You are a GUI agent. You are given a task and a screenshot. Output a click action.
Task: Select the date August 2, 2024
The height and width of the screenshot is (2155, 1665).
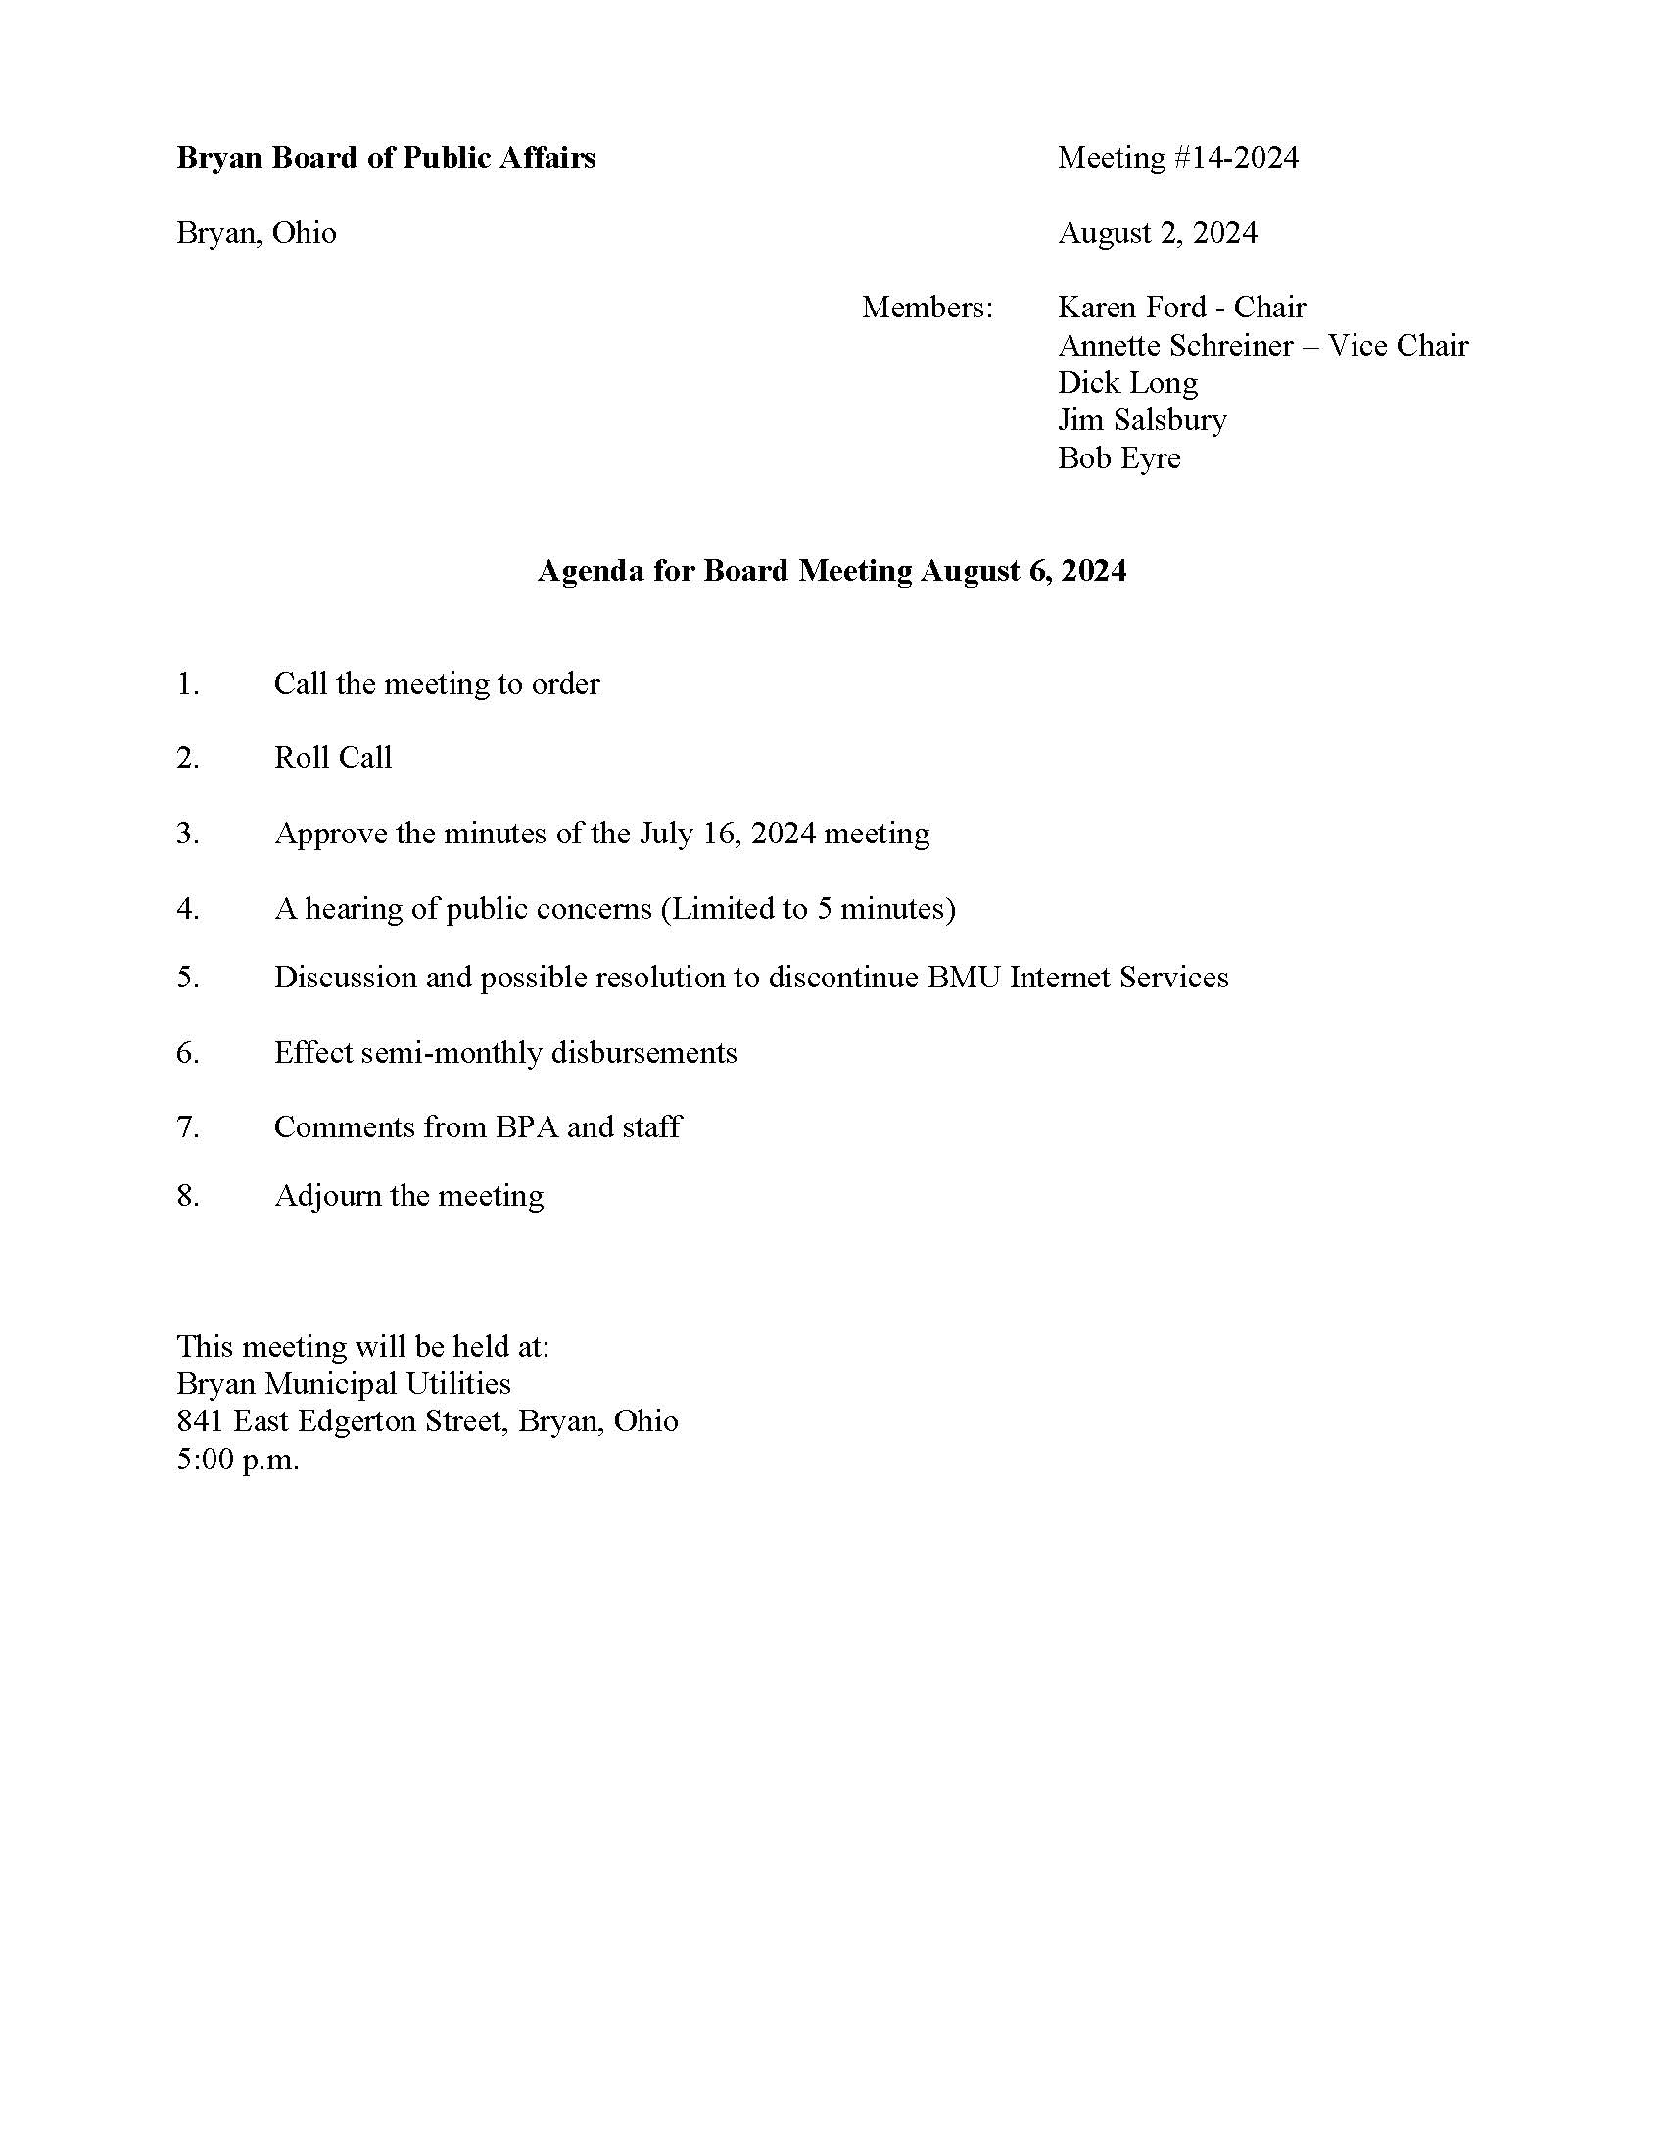tap(1157, 233)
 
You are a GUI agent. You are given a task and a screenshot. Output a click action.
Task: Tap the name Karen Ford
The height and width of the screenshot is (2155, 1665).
tap(1131, 308)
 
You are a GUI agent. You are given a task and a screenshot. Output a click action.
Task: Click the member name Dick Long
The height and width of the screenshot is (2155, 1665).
tap(1127, 383)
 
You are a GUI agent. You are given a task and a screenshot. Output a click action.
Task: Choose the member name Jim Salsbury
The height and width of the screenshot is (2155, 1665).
tap(1142, 420)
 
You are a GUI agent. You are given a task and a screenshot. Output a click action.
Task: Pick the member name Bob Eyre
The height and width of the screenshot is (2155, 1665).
tap(1118, 457)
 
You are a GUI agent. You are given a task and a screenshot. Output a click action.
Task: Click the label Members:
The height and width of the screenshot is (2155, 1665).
tap(928, 308)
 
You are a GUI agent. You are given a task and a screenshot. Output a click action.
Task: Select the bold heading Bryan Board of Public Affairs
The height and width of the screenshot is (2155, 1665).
tap(386, 158)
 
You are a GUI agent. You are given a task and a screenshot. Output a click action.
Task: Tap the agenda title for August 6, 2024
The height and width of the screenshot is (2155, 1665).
tap(832, 571)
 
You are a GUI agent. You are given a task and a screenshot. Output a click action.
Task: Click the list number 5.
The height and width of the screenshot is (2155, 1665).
tap(187, 978)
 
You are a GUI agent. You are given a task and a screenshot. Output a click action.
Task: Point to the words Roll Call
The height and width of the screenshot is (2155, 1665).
tap(333, 758)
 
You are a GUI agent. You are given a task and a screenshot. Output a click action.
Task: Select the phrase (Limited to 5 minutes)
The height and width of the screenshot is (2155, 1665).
tap(808, 909)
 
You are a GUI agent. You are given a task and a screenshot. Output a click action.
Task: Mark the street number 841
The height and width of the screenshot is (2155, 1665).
tap(200, 1421)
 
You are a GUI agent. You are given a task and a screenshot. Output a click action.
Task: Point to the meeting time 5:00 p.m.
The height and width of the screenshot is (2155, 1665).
tap(238, 1459)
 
